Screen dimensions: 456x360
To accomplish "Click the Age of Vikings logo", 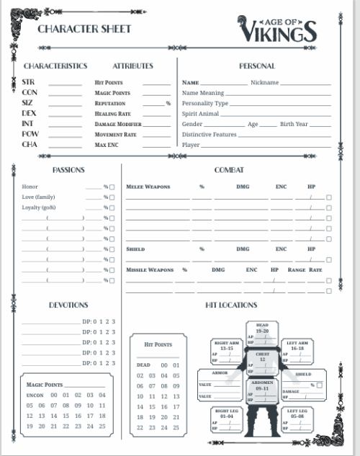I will tap(277, 30).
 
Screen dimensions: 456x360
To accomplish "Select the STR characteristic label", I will tap(28, 82).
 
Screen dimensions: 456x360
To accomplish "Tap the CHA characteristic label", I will tap(29, 144).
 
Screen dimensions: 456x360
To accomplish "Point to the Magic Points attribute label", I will tap(112, 93).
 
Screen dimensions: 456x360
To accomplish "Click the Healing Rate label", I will tap(113, 114).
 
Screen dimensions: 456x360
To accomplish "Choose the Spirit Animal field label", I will tap(200, 114).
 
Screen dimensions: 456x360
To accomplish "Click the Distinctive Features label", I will tap(210, 135).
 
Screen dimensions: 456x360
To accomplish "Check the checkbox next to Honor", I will tap(112, 187).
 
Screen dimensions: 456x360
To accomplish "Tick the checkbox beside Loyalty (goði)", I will tap(112, 207).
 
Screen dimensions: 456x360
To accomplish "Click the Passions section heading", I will tap(68, 170).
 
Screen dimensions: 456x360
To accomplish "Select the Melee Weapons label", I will tap(148, 187).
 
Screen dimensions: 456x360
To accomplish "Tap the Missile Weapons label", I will tap(150, 270).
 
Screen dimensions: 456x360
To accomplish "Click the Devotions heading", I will tap(68, 305).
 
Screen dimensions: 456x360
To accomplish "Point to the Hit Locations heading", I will tap(231, 305).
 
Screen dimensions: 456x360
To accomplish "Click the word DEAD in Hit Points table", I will tap(143, 365).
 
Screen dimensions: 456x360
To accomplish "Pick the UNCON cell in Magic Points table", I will tap(35, 395).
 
